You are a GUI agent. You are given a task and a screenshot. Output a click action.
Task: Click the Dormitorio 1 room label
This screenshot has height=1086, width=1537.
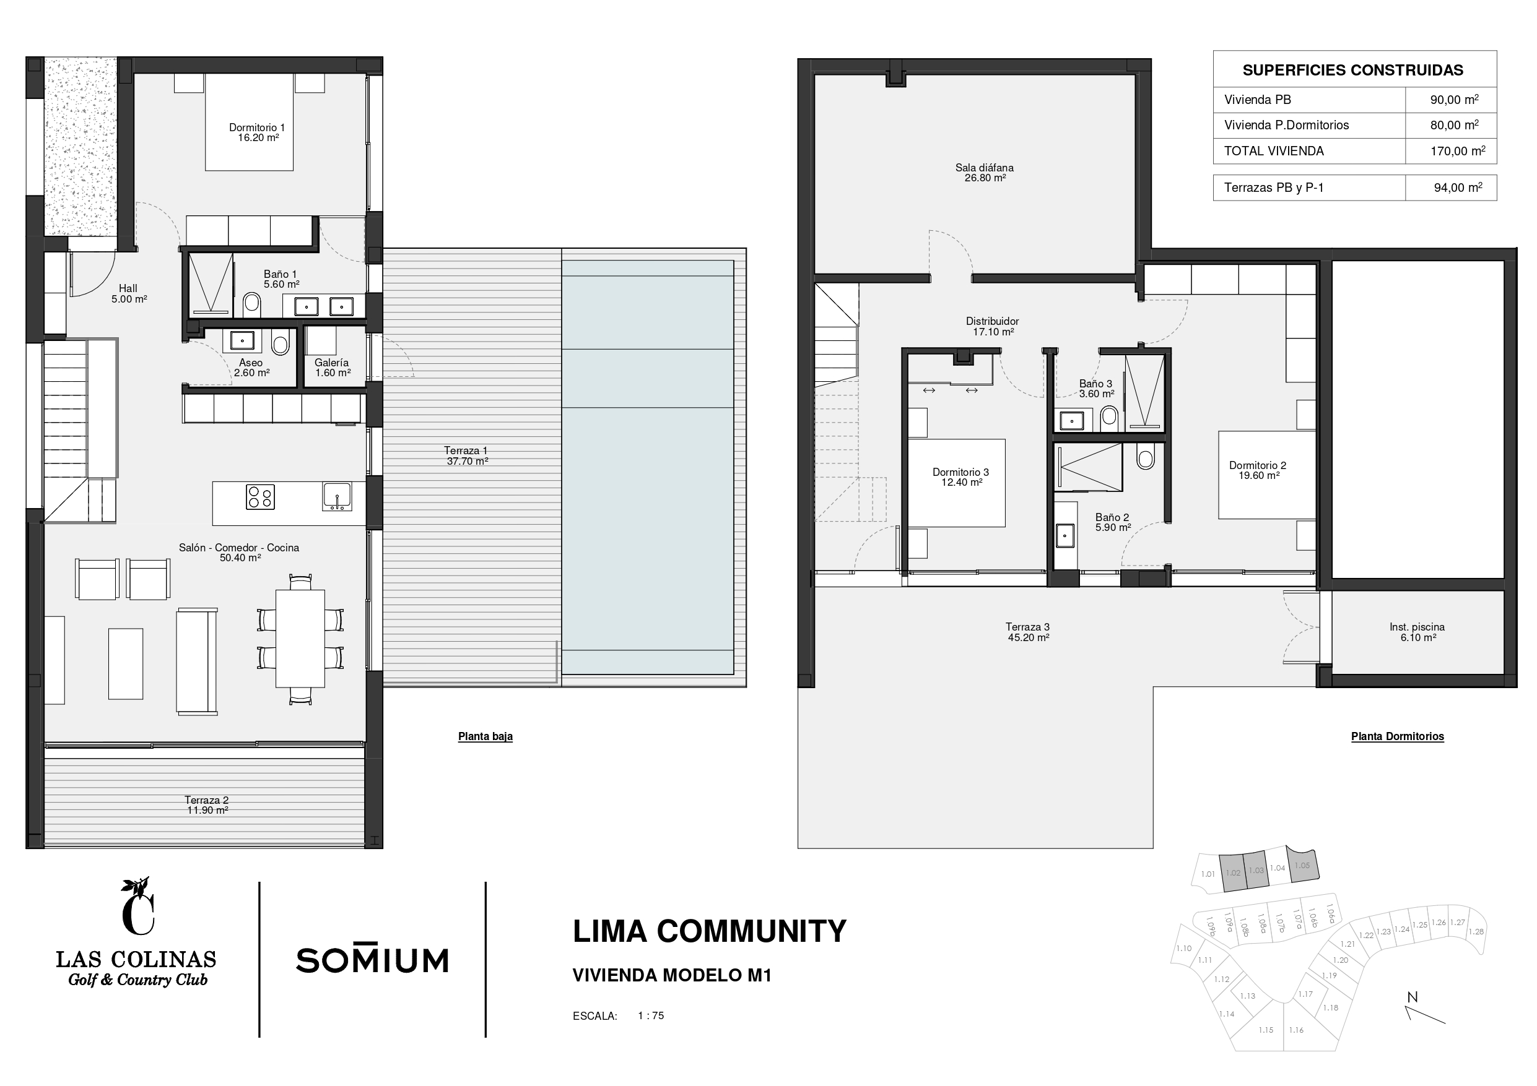click(x=257, y=132)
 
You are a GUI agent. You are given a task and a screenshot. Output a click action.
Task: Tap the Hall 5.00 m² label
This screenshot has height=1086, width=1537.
click(x=129, y=294)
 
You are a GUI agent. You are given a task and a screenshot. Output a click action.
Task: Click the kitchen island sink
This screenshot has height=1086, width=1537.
click(x=337, y=496)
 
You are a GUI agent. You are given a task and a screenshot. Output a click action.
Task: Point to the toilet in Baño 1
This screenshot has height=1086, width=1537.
click(x=251, y=303)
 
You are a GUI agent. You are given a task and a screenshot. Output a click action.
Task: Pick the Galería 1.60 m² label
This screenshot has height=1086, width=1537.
click(x=332, y=368)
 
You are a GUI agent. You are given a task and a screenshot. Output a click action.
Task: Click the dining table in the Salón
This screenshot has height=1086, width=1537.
click(x=300, y=638)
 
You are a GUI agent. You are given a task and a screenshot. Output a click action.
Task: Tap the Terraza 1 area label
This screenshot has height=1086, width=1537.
click(x=466, y=455)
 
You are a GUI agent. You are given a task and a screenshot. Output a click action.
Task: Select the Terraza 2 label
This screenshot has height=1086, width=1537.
click(x=207, y=805)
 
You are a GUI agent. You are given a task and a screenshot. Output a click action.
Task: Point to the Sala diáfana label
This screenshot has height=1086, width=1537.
click(x=984, y=173)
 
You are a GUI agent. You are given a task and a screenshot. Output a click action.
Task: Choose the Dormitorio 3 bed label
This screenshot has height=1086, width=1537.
click(x=960, y=477)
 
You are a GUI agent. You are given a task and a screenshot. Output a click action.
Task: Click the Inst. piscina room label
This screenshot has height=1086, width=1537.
click(x=1417, y=632)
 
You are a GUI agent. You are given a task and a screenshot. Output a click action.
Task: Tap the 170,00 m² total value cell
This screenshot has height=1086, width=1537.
click(x=1458, y=151)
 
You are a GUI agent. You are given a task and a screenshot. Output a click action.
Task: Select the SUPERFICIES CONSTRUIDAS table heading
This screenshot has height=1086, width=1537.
click(x=1353, y=71)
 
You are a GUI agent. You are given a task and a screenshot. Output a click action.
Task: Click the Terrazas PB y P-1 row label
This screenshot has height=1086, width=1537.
click(x=1274, y=188)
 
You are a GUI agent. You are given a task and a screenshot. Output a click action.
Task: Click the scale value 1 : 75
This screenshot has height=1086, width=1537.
click(x=651, y=1015)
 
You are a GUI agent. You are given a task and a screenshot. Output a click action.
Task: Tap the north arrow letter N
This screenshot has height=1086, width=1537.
click(x=1413, y=997)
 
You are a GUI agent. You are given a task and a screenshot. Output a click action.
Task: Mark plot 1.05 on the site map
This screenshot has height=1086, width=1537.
click(x=1303, y=865)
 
